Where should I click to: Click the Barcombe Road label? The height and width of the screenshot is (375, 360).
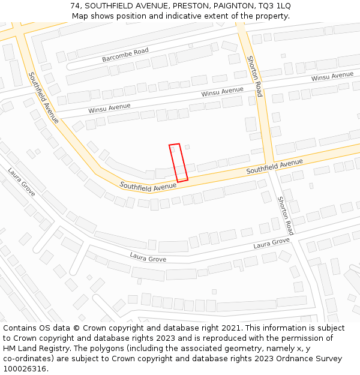pyautogui.click(x=125, y=55)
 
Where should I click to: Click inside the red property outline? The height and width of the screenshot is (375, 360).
pyautogui.click(x=178, y=162)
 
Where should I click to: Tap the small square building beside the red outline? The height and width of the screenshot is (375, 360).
pyautogui.click(x=187, y=147)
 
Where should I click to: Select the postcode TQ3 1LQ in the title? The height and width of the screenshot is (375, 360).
pyautogui.click(x=273, y=5)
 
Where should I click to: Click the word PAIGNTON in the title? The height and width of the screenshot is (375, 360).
pyautogui.click(x=227, y=5)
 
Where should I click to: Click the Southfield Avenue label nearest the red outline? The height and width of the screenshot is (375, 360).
pyautogui.click(x=148, y=187)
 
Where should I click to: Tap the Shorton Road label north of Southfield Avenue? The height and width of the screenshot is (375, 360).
pyautogui.click(x=255, y=76)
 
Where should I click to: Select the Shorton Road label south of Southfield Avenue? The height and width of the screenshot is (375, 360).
pyautogui.click(x=286, y=215)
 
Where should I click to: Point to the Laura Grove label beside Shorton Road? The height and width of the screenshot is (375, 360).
pyautogui.click(x=271, y=243)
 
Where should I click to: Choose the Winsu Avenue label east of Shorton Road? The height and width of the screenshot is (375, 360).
pyautogui.click(x=332, y=77)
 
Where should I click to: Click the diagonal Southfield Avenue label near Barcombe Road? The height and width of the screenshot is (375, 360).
pyautogui.click(x=44, y=98)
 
